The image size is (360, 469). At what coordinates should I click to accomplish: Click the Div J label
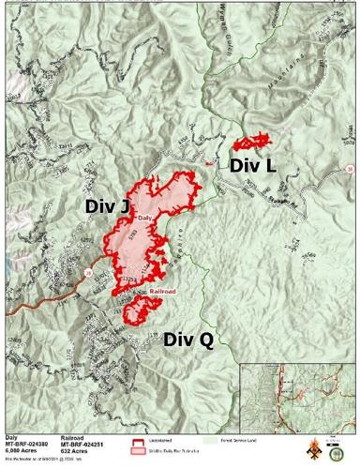(x=107, y=205)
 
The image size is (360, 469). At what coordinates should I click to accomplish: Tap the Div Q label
(x=188, y=340)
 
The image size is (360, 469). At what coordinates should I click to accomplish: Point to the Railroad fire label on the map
(x=162, y=293)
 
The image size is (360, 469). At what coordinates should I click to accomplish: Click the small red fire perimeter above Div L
(x=250, y=144)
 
